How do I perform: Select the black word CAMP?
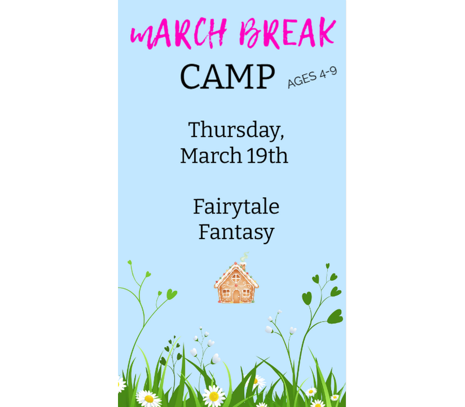pyautogui.click(x=227, y=77)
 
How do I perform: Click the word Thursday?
pyautogui.click(x=236, y=130)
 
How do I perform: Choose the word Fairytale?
pyautogui.click(x=236, y=206)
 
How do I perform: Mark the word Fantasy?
pyautogui.click(x=236, y=233)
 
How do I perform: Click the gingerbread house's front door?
pyautogui.click(x=236, y=296)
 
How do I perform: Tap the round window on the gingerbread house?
pyautogui.click(x=236, y=278)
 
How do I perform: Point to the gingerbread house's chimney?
pyautogui.click(x=244, y=263)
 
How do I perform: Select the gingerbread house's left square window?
pyautogui.click(x=226, y=293)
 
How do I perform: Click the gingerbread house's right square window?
pyautogui.click(x=246, y=293)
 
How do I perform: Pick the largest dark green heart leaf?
pyautogui.click(x=335, y=316)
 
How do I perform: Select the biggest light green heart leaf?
pyautogui.click(x=171, y=295)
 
